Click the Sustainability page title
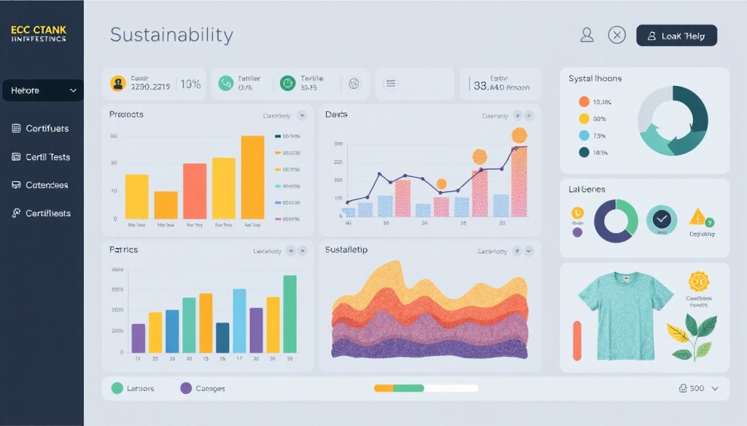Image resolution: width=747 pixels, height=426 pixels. [171, 34]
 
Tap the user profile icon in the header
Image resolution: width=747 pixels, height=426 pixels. [587, 34]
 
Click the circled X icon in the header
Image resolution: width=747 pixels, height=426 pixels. [617, 34]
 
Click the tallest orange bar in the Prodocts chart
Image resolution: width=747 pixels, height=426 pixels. [252, 177]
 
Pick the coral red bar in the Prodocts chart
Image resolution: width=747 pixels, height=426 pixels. [195, 191]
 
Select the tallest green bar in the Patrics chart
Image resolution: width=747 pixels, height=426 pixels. [290, 314]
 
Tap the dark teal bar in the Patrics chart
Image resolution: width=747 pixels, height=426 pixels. [222, 338]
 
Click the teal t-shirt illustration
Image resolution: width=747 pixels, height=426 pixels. [625, 315]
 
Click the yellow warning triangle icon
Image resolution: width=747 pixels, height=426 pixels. [697, 216]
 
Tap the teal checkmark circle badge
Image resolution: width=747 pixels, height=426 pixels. [662, 219]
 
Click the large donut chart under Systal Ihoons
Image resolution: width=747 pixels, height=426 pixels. [673, 120]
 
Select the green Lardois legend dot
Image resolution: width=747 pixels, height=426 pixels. [117, 388]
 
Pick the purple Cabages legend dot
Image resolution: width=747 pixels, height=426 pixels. [185, 388]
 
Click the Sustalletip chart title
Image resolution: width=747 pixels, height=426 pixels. [346, 250]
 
